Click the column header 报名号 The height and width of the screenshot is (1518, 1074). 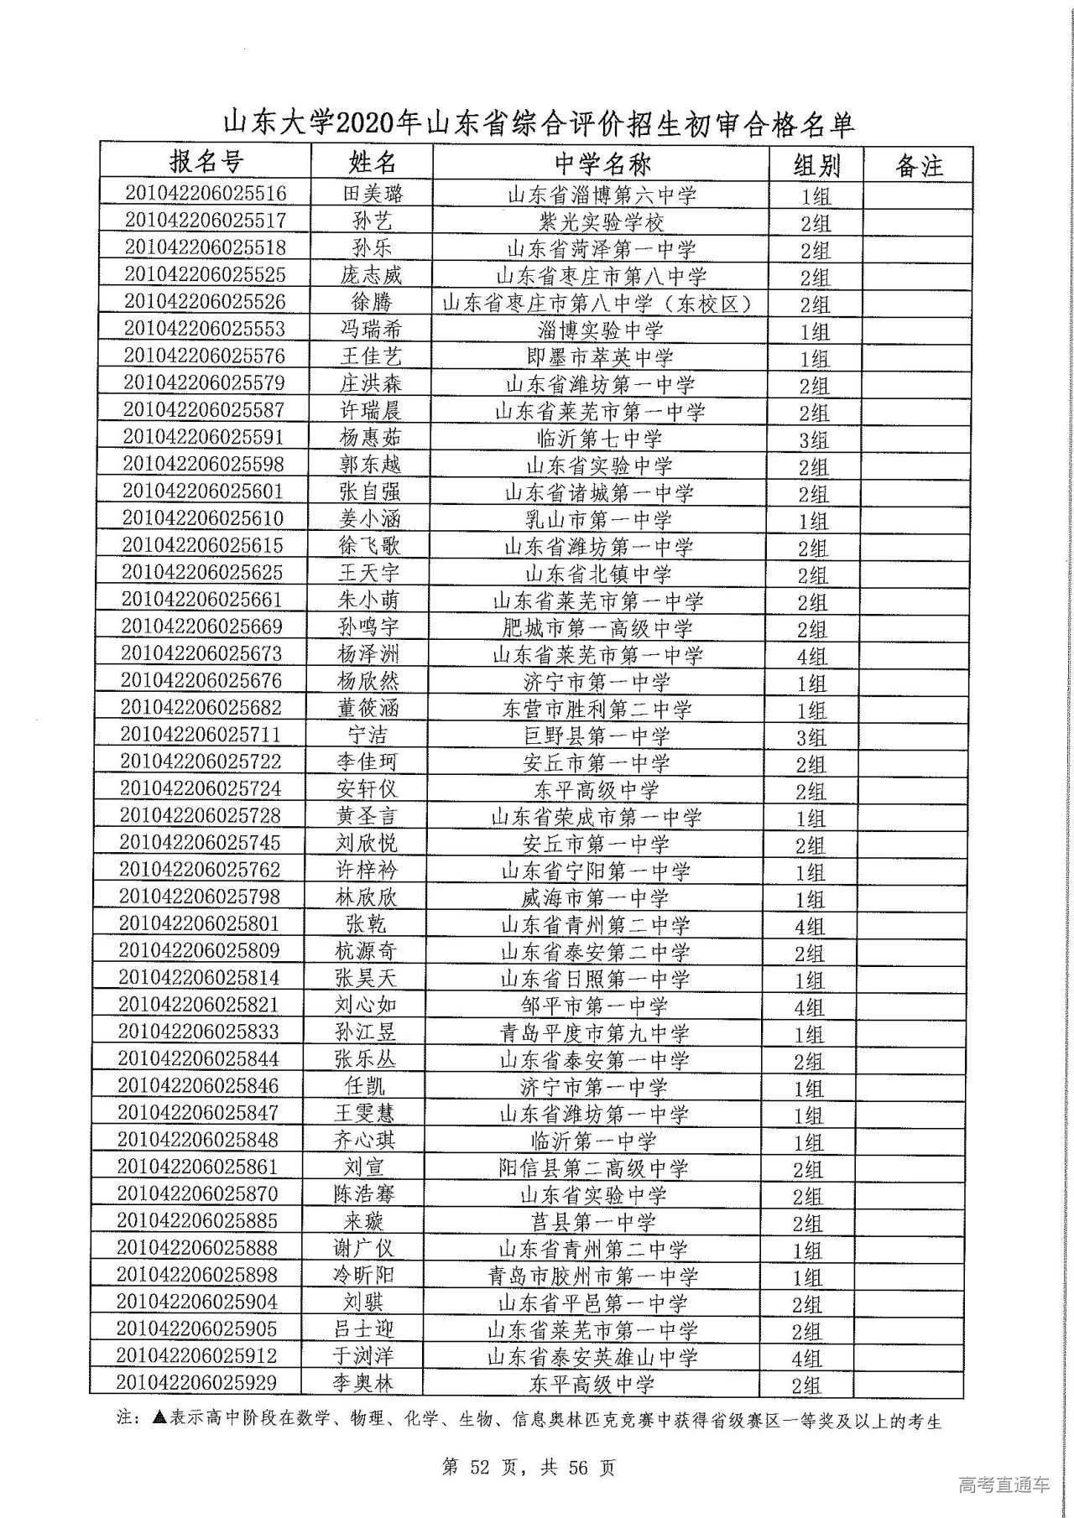(x=206, y=162)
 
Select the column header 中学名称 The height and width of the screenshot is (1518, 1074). (x=602, y=164)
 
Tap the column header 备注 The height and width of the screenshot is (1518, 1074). (x=919, y=165)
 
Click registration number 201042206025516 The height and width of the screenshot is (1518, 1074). (x=206, y=193)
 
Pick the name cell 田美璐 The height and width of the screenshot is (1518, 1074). (x=373, y=194)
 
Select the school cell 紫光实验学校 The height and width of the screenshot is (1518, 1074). (x=602, y=222)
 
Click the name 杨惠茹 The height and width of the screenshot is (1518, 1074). (x=370, y=437)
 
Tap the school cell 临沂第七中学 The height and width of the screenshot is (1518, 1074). (x=599, y=438)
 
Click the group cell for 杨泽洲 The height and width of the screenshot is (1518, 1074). (x=811, y=656)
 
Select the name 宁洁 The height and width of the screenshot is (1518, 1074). (x=368, y=735)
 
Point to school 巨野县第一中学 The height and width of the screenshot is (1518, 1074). (x=597, y=736)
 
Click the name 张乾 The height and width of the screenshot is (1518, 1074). (x=366, y=923)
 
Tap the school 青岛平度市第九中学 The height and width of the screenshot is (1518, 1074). (x=595, y=1033)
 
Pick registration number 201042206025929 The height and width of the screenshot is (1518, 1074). (x=196, y=1382)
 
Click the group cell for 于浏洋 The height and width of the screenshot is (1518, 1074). (x=807, y=1358)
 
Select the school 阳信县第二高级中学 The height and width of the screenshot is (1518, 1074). (x=593, y=1167)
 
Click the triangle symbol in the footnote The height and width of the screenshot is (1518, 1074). (x=160, y=1418)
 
